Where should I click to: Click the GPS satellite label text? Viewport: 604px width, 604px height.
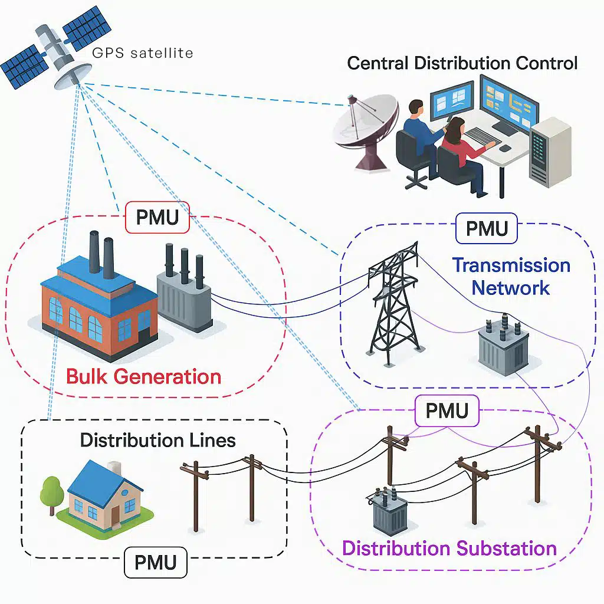tap(143, 53)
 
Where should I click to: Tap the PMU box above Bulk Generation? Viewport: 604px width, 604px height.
tap(157, 218)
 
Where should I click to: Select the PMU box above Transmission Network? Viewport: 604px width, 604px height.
tap(487, 229)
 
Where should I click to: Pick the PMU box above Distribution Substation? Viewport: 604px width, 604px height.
tap(447, 411)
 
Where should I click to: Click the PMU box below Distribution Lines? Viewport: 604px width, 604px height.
tap(155, 562)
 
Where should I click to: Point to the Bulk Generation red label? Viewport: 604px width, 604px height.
tap(143, 376)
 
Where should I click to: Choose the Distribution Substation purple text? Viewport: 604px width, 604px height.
tap(449, 548)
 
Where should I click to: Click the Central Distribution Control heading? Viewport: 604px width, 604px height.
tap(462, 63)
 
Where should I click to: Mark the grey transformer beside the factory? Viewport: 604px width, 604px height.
tap(184, 295)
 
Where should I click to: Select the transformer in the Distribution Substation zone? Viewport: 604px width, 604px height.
tap(390, 512)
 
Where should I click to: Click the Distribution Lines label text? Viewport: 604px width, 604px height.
tap(157, 440)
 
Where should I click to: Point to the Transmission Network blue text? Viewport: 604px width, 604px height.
tap(511, 276)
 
